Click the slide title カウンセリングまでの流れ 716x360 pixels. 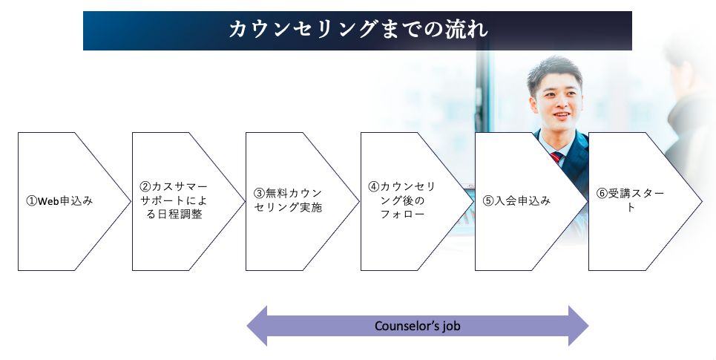(x=358, y=30)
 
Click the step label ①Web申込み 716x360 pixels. (x=59, y=201)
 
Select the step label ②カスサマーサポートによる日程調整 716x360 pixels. (x=174, y=201)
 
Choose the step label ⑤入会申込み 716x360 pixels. (x=516, y=201)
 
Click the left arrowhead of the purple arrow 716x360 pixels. (x=256, y=326)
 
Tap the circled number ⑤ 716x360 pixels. (x=488, y=201)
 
